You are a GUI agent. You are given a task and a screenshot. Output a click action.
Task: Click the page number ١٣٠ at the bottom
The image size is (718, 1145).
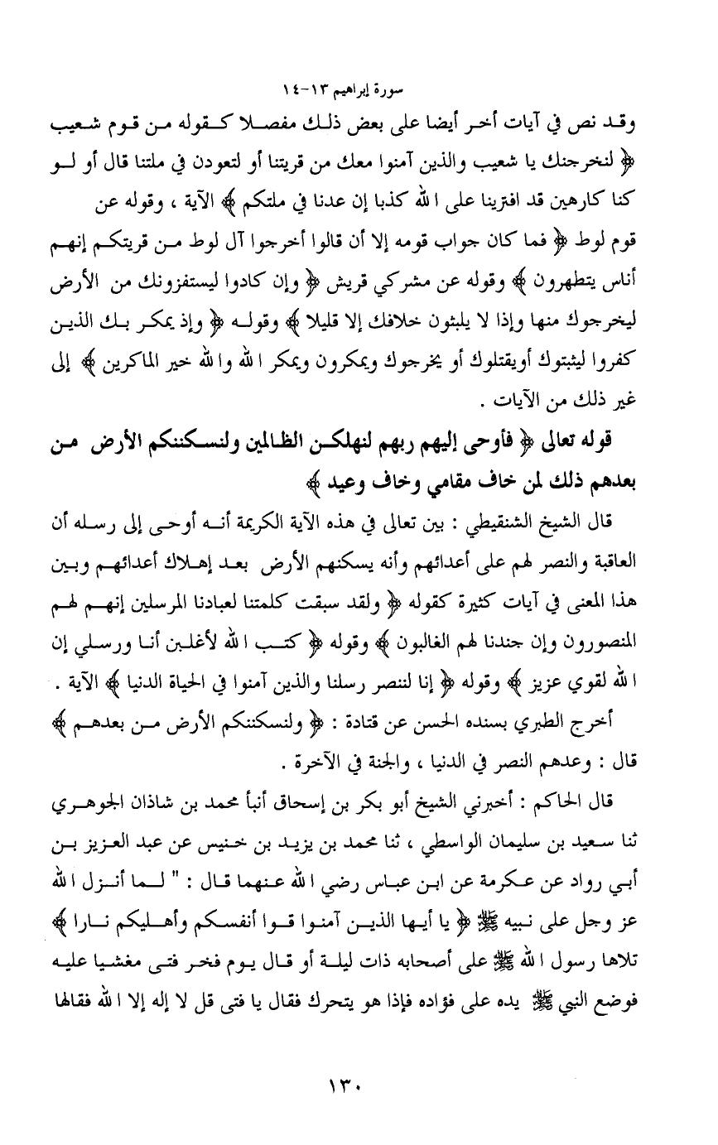[359, 1080]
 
